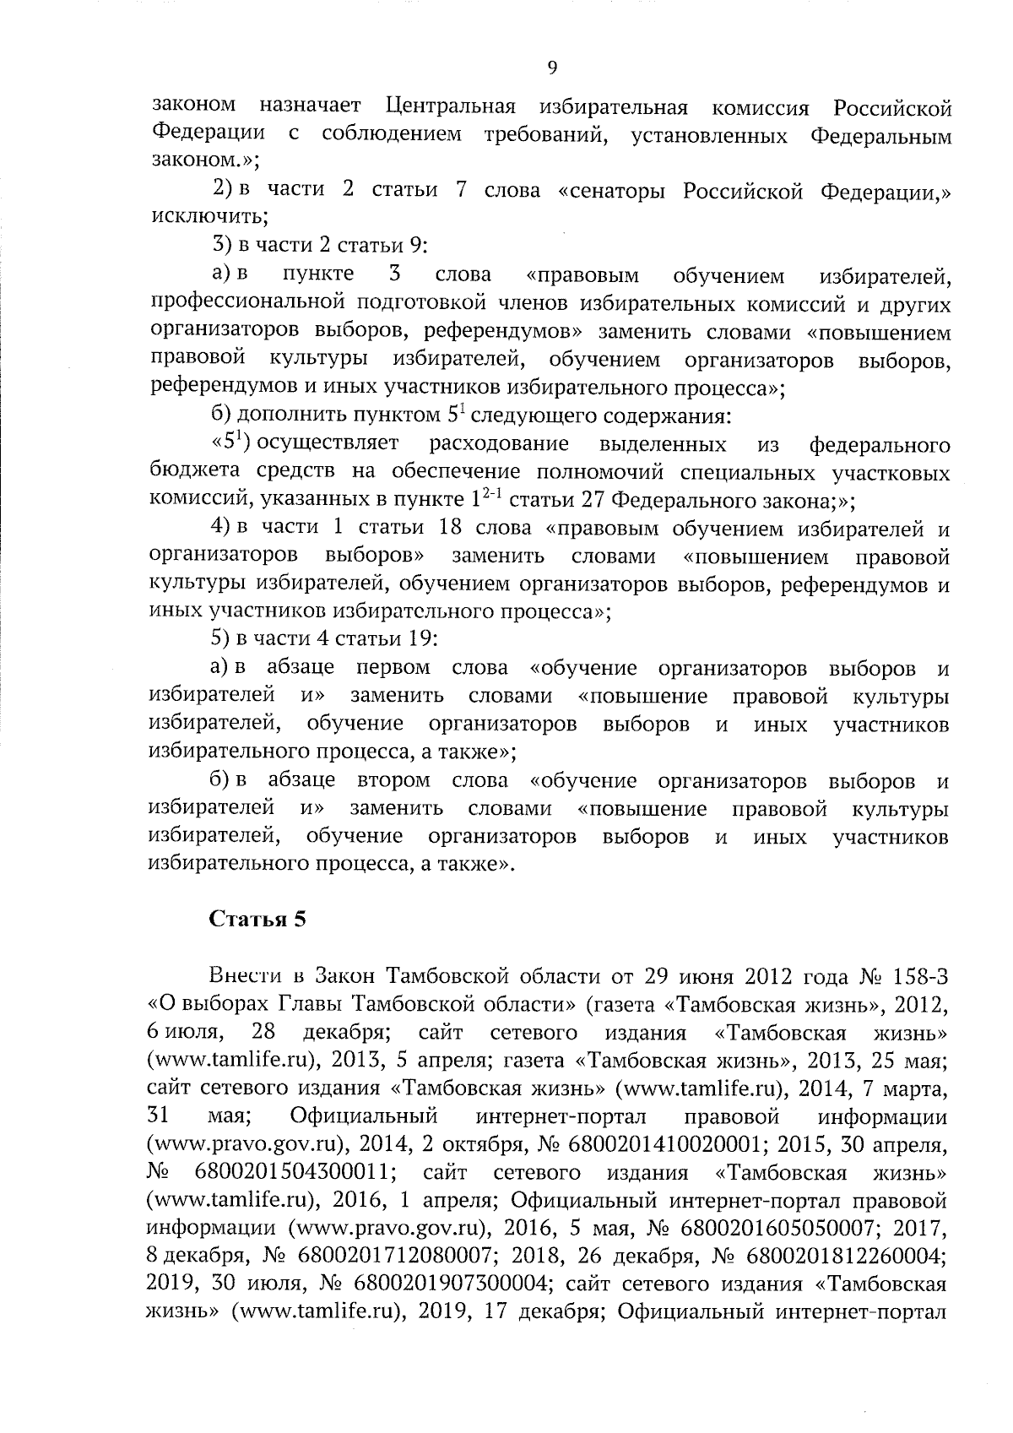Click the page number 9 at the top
[552, 68]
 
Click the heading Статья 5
[257, 920]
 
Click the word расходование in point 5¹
[499, 444]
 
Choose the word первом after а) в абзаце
[393, 668]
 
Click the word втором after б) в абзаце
[393, 779]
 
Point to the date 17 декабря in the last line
[534, 1312]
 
